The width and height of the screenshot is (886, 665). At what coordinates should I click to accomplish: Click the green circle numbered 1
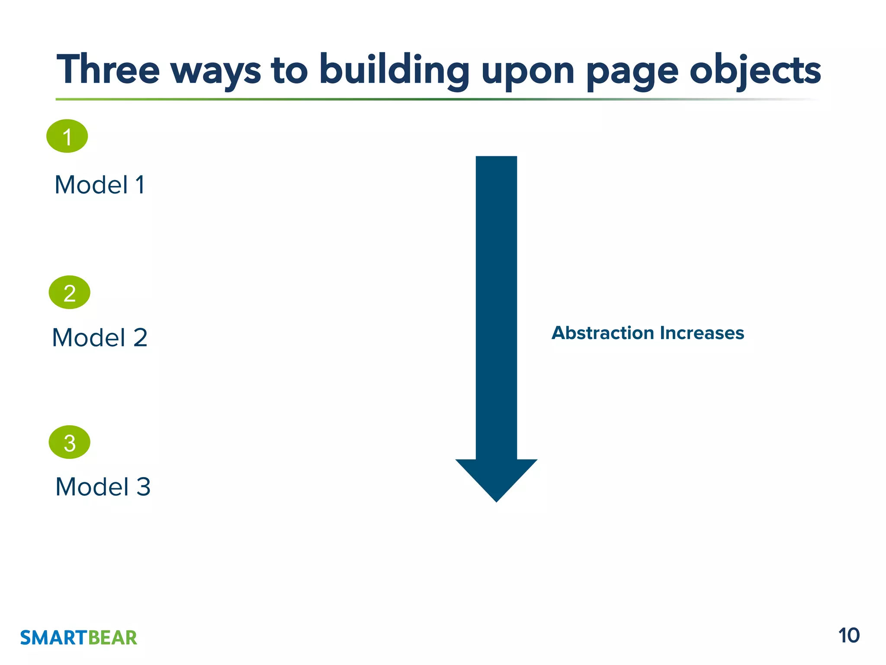[x=67, y=136]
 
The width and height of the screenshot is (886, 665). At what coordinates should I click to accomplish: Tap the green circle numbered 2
[x=70, y=292]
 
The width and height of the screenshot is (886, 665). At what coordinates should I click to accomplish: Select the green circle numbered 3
[x=70, y=442]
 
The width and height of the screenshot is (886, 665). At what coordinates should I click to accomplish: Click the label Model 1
[x=100, y=185]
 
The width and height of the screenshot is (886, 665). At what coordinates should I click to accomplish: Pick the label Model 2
[x=100, y=338]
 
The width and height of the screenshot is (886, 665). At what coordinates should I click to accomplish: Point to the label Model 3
[x=103, y=487]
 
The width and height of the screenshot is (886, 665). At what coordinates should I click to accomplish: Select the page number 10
[x=849, y=636]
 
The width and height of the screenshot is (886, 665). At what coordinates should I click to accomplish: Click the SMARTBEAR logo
[x=79, y=638]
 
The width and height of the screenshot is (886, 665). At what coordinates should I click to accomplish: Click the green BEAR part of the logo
[x=113, y=638]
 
